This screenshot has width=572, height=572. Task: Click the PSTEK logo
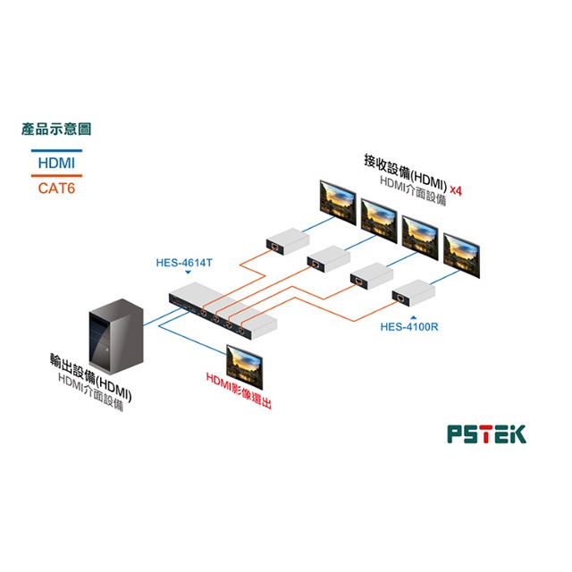tap(486, 433)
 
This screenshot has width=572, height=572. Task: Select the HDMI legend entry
tap(56, 164)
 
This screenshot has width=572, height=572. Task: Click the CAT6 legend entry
tap(56, 188)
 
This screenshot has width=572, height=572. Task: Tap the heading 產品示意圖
tap(56, 130)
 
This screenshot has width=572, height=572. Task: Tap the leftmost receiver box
tap(285, 240)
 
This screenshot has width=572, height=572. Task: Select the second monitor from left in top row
tap(378, 217)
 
